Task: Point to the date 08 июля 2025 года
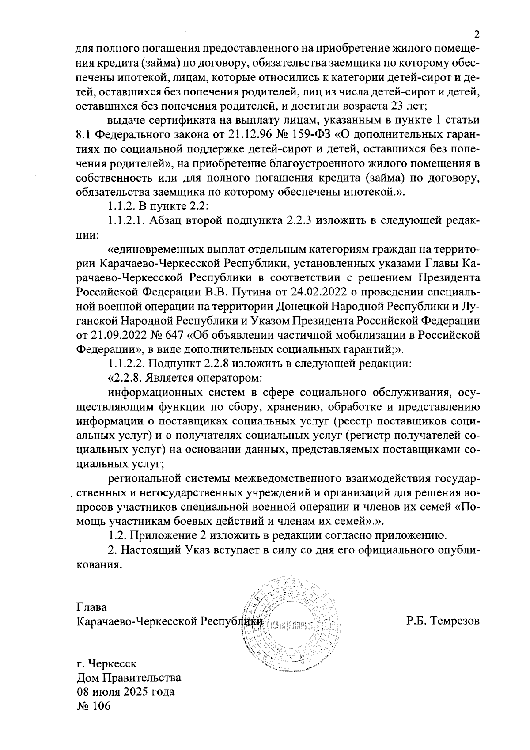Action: click(x=125, y=691)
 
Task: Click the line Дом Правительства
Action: click(x=129, y=677)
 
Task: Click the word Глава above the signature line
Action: click(x=91, y=607)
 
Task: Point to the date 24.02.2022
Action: click(x=315, y=292)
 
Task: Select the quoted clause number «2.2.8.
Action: click(x=127, y=379)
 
